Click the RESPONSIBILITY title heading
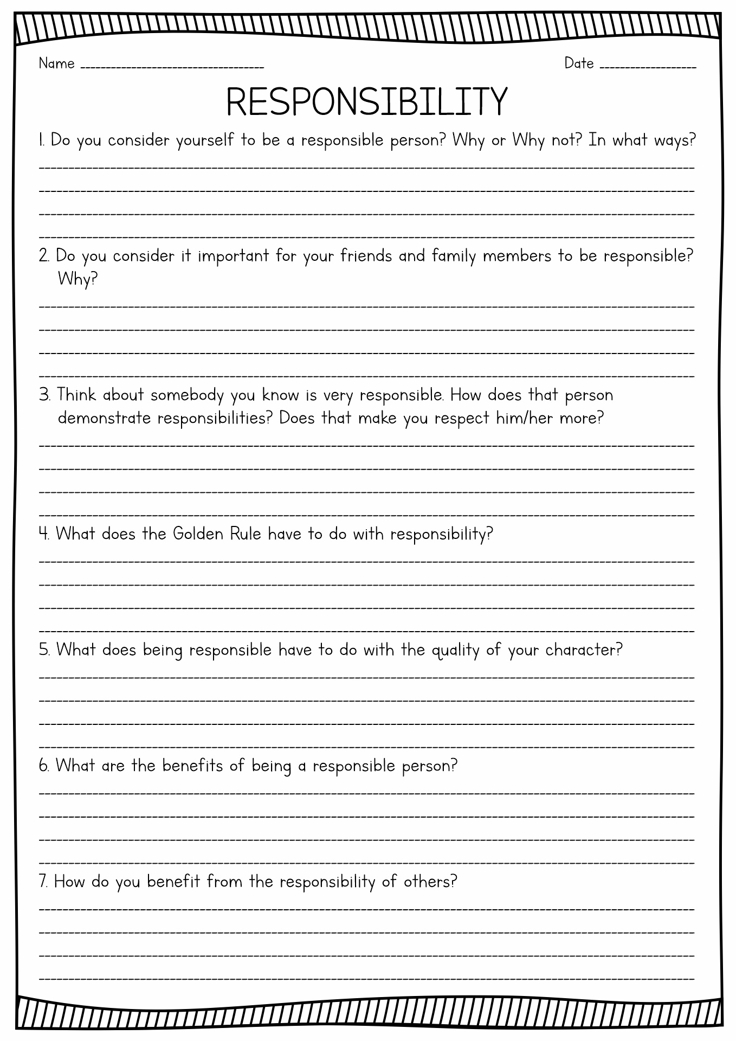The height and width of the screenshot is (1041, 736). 367,102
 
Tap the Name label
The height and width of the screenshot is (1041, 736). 56,64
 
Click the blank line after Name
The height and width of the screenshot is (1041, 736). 172,67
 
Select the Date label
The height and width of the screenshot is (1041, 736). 579,63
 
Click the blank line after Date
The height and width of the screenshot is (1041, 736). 648,67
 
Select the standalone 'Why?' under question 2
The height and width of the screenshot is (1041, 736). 78,280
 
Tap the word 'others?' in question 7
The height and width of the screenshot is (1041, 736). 430,882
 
